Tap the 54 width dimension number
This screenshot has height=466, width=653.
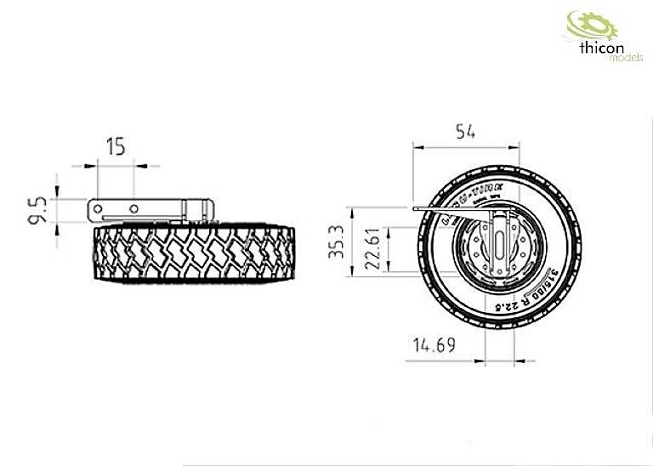464,131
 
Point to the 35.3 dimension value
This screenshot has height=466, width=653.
337,242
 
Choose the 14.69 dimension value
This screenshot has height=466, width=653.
433,346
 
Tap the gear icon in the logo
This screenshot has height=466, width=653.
582,25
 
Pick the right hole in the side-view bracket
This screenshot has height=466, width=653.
133,207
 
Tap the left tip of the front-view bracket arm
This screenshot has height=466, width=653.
412,207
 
